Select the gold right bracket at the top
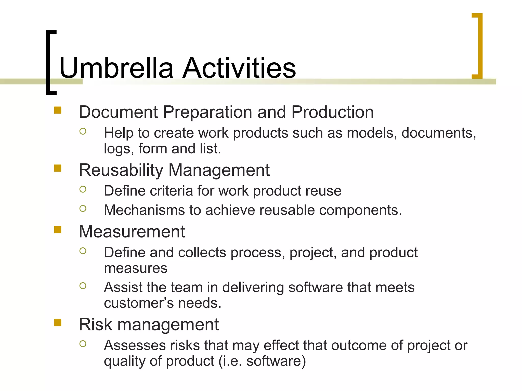tap(479, 46)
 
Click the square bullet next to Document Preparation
tap(58, 110)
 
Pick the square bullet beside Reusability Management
tap(58, 168)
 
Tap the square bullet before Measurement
tap(58, 230)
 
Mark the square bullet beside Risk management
tap(58, 323)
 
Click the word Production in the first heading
tap(332, 112)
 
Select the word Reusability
tap(121, 170)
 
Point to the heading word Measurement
tap(132, 232)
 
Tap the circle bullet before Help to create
tap(83, 131)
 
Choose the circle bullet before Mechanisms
tap(83, 209)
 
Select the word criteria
tap(171, 191)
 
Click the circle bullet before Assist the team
tap(83, 286)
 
